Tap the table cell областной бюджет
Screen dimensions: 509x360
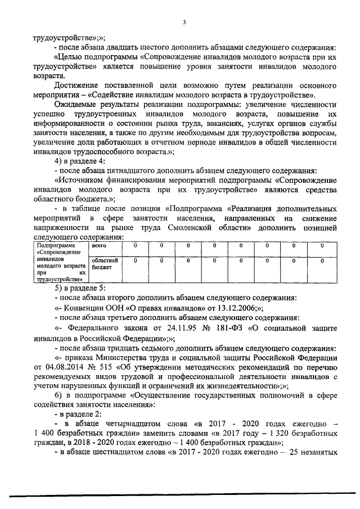pos(104,264)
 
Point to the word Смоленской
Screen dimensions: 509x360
pos(191,229)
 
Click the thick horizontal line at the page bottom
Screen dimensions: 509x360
pos(180,496)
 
